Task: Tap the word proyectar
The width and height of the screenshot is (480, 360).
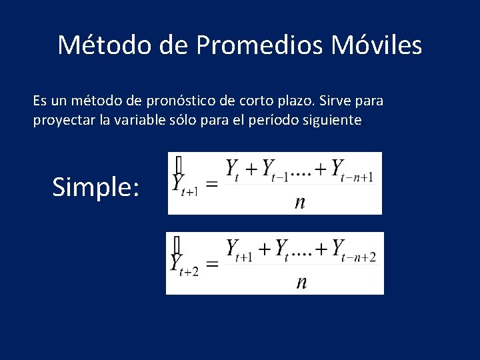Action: click(62, 121)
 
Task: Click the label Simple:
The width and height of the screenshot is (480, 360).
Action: click(96, 187)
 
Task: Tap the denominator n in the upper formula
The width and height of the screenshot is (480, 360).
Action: click(299, 202)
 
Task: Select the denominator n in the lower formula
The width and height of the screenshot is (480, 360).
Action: click(301, 282)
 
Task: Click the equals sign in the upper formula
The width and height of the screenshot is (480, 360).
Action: click(211, 184)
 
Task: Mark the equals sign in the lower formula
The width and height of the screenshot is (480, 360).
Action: click(211, 265)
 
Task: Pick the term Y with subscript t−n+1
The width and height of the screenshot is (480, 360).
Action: click(351, 170)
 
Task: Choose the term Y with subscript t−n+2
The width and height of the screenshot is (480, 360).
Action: click(353, 251)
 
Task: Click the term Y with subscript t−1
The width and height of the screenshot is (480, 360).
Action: click(274, 170)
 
